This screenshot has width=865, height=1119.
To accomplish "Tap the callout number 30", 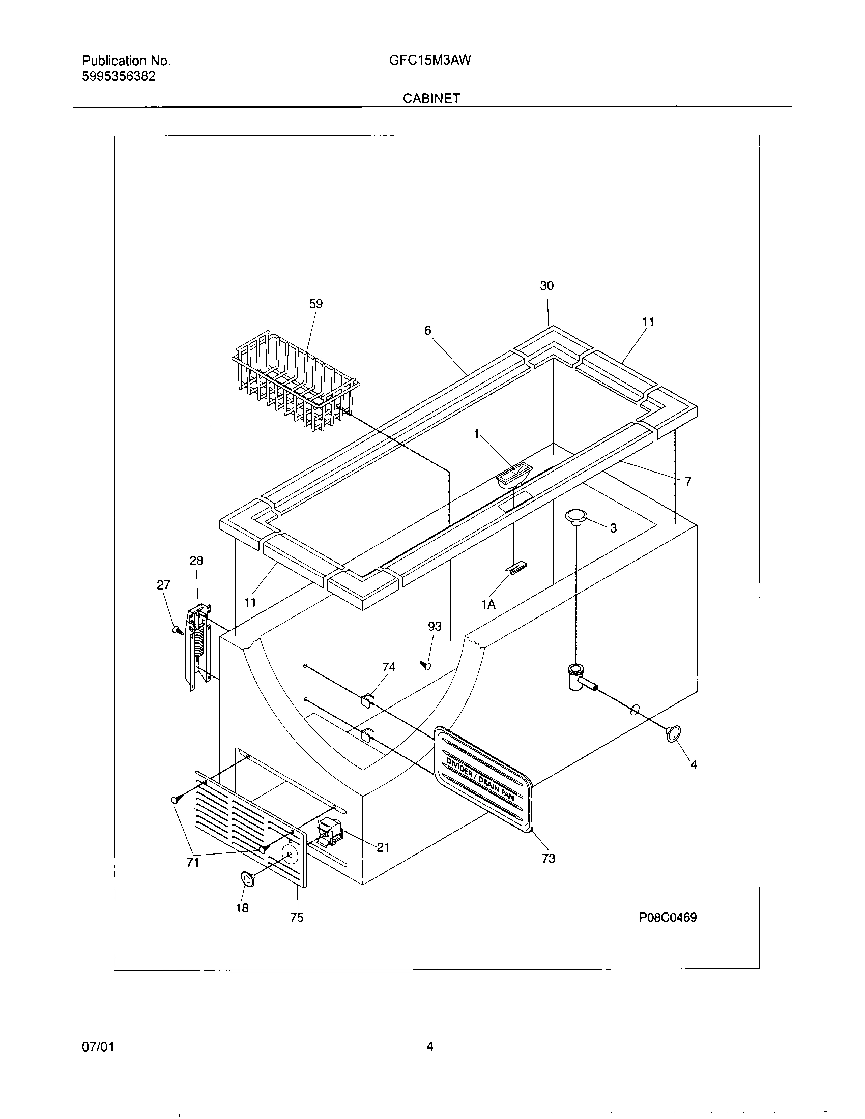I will (547, 286).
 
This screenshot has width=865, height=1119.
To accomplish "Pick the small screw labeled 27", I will (177, 630).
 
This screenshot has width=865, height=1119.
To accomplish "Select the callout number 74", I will (389, 667).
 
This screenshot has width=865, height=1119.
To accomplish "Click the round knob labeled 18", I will (247, 879).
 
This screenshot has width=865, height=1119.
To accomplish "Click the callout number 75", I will (297, 918).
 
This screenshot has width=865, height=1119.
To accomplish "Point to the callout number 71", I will (193, 863).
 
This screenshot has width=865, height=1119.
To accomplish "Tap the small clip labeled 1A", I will (515, 568).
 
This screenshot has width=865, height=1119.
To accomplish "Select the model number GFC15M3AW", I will (430, 61).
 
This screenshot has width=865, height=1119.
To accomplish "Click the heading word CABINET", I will (431, 98).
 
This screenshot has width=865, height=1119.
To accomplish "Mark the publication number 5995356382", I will (119, 77).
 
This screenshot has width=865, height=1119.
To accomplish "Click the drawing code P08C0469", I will (667, 917).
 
